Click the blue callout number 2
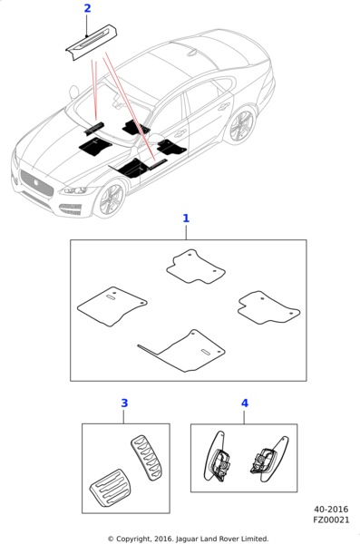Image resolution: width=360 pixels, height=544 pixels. tap(87, 8)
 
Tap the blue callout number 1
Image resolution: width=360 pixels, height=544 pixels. tap(186, 219)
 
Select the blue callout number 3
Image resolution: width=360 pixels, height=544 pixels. tap(124, 403)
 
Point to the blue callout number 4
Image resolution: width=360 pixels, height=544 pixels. tap(245, 403)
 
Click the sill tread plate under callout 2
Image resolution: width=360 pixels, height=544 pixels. tap(92, 43)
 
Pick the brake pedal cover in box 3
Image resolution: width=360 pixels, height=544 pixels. tap(108, 488)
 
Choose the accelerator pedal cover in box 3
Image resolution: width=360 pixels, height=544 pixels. tap(146, 458)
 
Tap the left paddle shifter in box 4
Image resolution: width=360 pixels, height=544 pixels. tap(217, 457)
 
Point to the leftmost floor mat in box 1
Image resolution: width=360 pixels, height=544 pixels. tap(112, 306)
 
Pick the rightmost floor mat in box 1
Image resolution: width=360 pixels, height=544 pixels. tap(268, 307)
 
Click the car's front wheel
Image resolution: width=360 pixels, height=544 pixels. tap(112, 200)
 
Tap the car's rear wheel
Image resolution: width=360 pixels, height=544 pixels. tap(241, 126)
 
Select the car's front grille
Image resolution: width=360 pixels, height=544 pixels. tap(36, 183)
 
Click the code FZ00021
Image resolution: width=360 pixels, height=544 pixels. tap(331, 520)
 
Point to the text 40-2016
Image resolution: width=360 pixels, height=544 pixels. tap(331, 510)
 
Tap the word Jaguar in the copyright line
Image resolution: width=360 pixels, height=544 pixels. tap(187, 539)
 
